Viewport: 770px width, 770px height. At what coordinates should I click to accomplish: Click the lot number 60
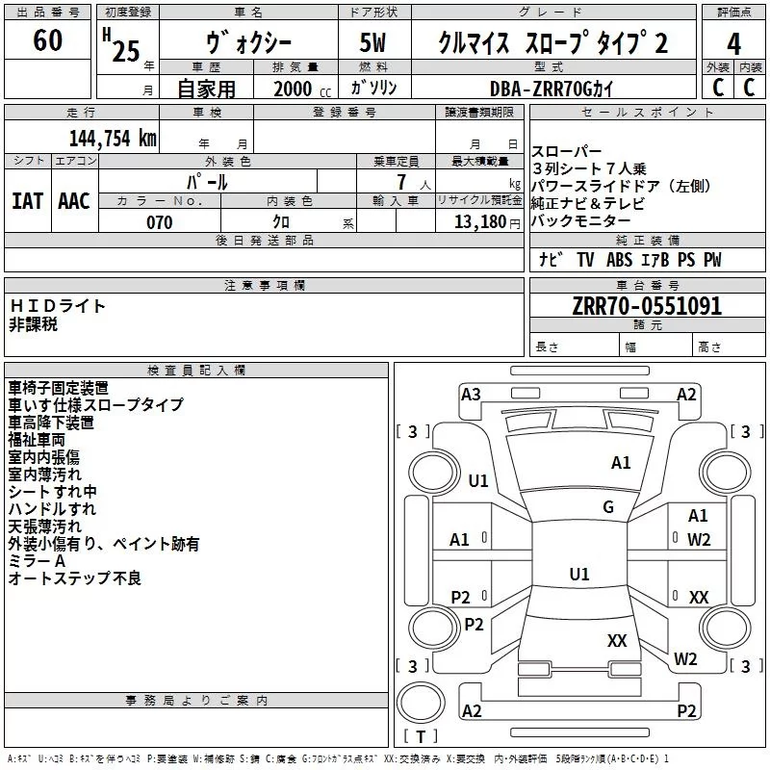tap(47, 41)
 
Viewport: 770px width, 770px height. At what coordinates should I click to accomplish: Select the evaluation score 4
tap(734, 43)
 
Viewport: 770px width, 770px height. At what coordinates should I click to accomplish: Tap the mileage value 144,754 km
tap(112, 138)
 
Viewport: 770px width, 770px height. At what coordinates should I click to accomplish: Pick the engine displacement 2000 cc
tap(298, 89)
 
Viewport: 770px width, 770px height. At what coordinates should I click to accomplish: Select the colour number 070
tap(158, 222)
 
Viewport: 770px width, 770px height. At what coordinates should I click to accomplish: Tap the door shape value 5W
tap(373, 43)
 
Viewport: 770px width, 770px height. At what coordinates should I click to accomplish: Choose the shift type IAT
tap(27, 200)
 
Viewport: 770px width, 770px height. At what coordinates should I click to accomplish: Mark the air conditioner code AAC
tap(73, 200)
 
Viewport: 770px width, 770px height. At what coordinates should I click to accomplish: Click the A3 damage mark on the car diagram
tap(471, 394)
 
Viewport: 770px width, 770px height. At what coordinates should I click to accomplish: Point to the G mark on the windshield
tap(607, 507)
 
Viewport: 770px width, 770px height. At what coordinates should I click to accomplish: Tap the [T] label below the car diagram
tap(421, 737)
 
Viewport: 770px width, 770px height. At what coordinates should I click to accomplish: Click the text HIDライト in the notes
tap(58, 306)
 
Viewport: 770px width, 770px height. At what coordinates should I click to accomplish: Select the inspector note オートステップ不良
tap(75, 578)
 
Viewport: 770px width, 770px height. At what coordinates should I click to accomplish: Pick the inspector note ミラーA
tap(37, 561)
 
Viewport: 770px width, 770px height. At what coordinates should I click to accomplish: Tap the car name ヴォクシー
tap(249, 43)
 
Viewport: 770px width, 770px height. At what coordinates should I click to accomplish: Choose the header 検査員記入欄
tap(196, 371)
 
